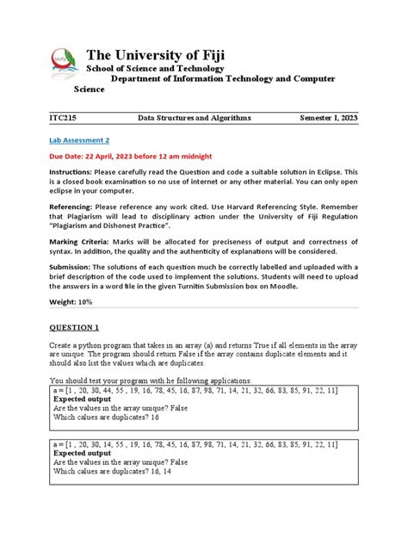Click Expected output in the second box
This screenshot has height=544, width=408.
(x=82, y=452)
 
